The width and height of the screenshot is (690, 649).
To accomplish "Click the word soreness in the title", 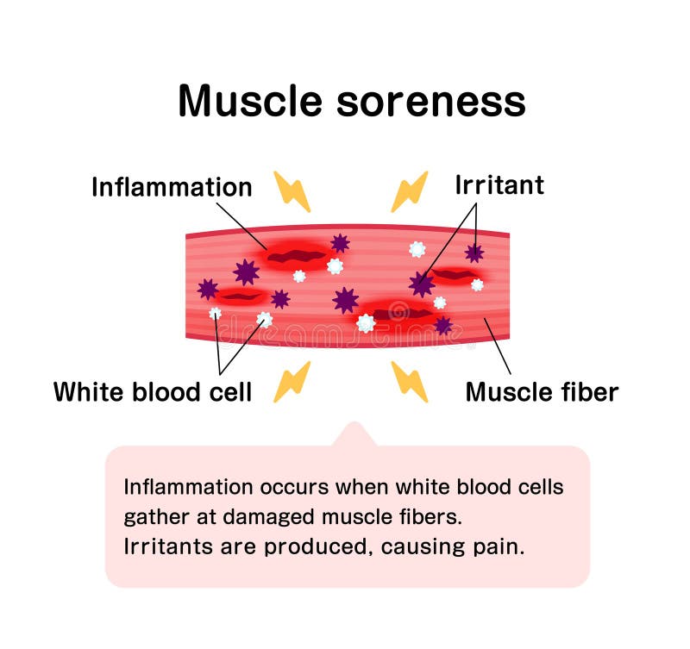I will (x=430, y=102).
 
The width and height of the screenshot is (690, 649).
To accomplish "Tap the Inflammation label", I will (x=172, y=187).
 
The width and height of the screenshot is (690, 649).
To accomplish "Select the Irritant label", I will (x=499, y=184).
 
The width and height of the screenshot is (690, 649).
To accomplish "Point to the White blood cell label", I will (x=153, y=392).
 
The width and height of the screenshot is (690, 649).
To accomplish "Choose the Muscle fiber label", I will (x=542, y=392).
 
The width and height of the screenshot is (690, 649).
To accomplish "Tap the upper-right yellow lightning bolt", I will (x=409, y=191).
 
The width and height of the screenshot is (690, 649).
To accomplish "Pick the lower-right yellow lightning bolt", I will (x=409, y=382).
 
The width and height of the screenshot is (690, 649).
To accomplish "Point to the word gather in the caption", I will (x=152, y=518).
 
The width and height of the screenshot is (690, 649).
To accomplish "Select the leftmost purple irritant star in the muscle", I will (x=208, y=289).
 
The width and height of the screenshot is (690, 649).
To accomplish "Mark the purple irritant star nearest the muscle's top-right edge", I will (x=474, y=253).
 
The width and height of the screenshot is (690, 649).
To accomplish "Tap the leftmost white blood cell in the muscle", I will (x=216, y=314).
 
